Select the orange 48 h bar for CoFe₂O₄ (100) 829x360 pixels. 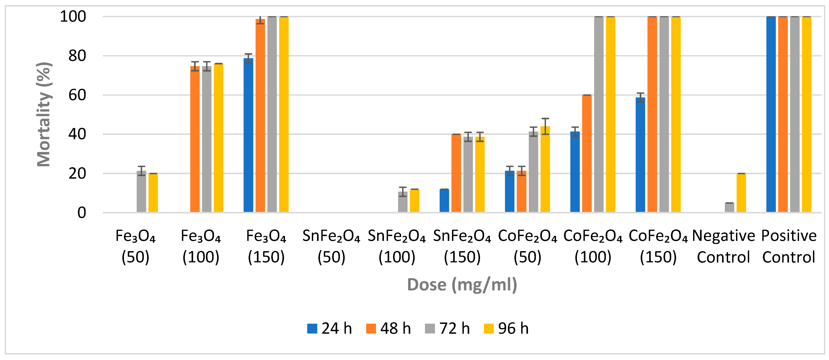[587, 154]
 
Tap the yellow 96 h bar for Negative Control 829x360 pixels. [741, 193]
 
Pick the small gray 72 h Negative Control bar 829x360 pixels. [729, 207]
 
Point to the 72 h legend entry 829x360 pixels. [447, 328]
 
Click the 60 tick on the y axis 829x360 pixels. [77, 95]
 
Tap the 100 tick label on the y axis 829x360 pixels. [73, 17]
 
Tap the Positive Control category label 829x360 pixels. [789, 247]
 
